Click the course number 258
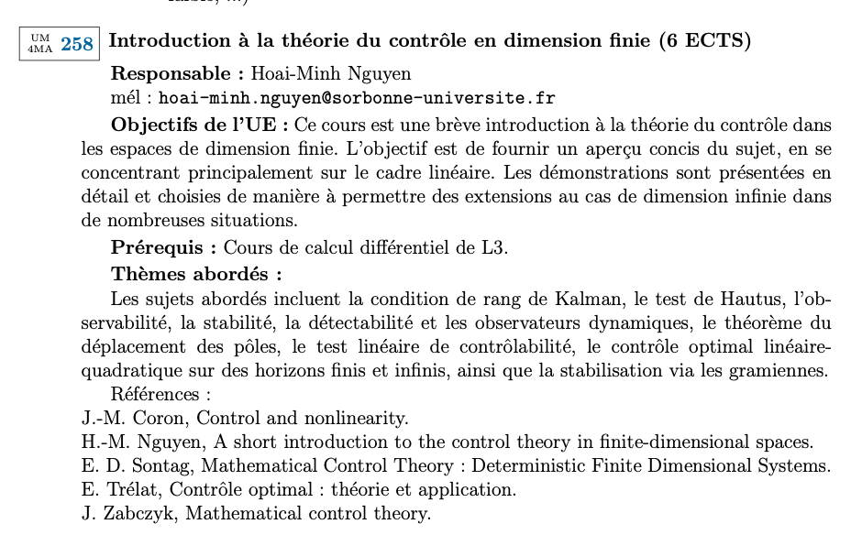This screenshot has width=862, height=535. [x=77, y=43]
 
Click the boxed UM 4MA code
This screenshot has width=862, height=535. [x=40, y=43]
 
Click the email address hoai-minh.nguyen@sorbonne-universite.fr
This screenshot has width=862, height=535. [x=357, y=98]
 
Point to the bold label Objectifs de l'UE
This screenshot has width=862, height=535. [x=199, y=125]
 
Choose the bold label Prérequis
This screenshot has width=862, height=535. [x=163, y=247]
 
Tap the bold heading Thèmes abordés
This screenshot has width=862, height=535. [x=195, y=273]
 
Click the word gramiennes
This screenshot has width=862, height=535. [x=780, y=370]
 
